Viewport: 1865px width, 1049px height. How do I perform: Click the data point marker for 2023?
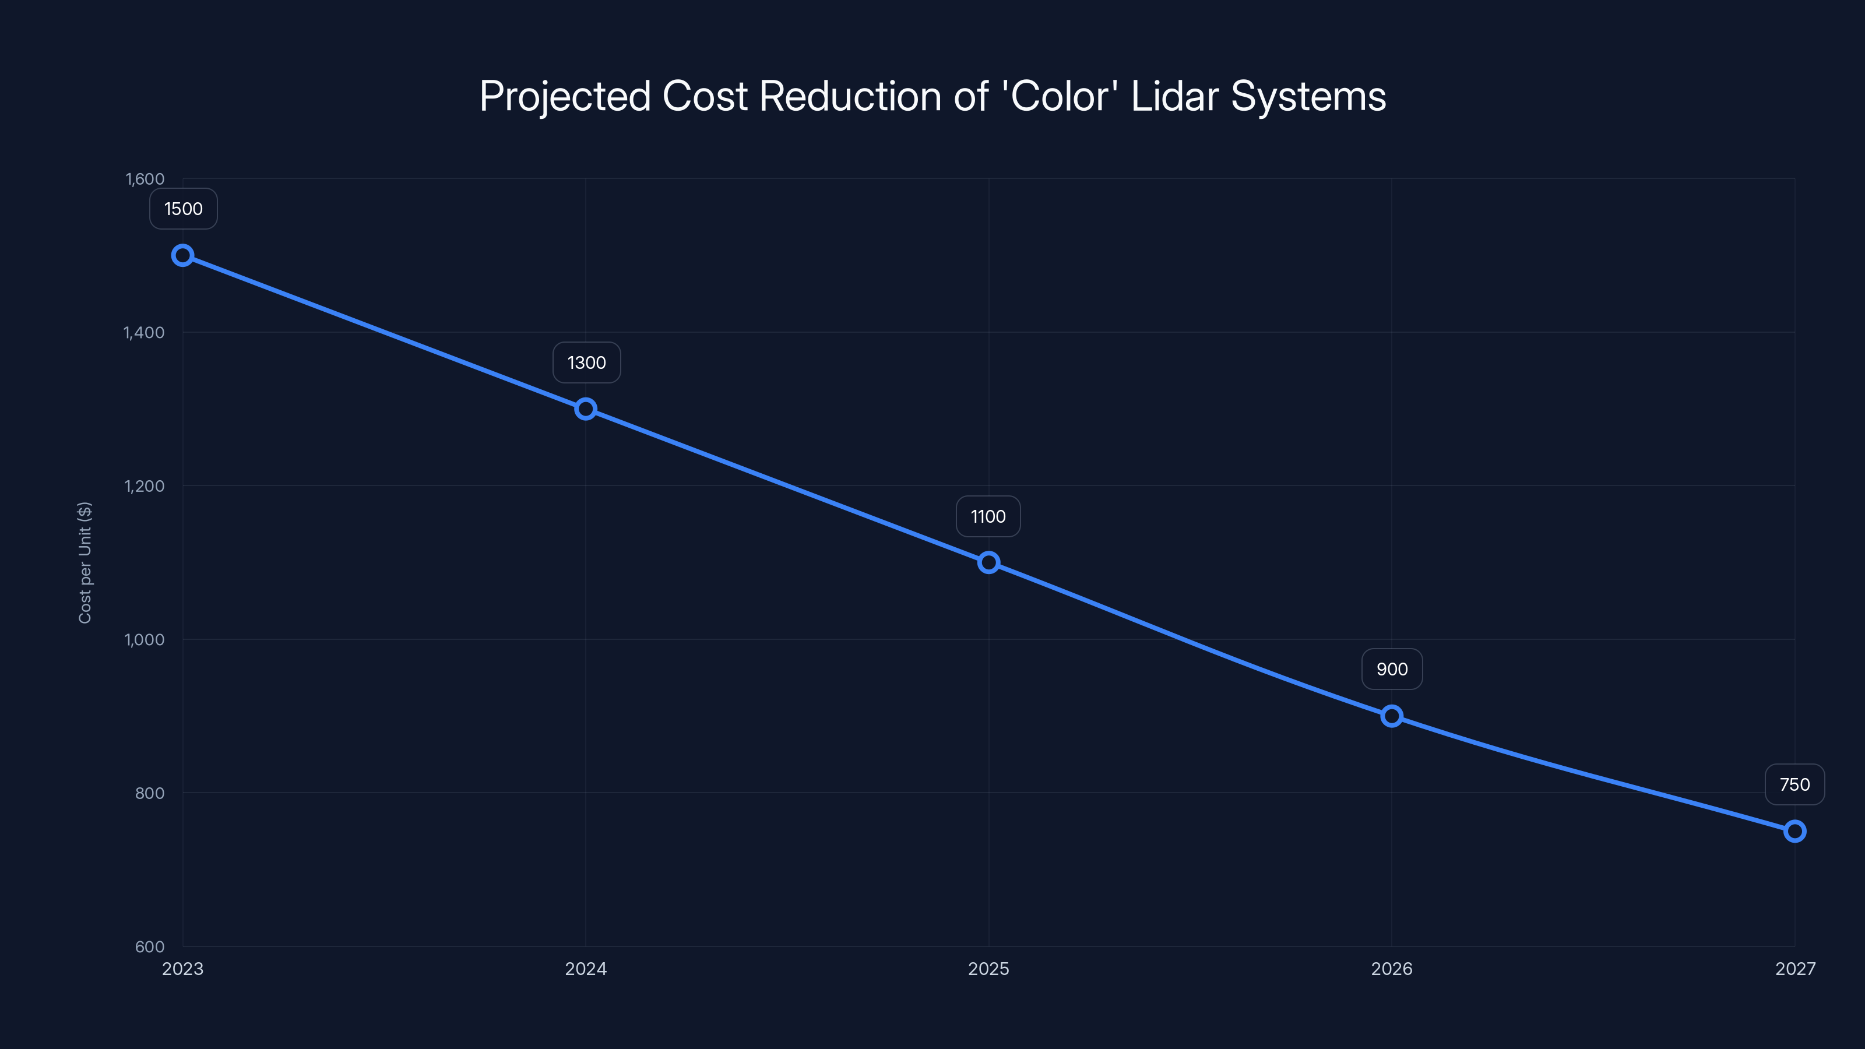pyautogui.click(x=182, y=256)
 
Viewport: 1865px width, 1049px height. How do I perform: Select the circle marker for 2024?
pyautogui.click(x=586, y=409)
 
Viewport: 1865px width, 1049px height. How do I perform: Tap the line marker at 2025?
pyautogui.click(x=988, y=562)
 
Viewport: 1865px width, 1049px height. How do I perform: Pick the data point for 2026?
pyautogui.click(x=1392, y=716)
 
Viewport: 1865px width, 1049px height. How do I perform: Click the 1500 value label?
pyautogui.click(x=183, y=209)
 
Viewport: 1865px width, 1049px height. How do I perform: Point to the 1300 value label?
pyautogui.click(x=586, y=362)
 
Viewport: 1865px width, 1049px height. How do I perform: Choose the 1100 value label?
pyautogui.click(x=988, y=517)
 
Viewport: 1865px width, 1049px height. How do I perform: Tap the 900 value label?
pyautogui.click(x=1392, y=670)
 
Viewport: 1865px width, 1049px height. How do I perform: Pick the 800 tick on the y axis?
pyautogui.click(x=150, y=793)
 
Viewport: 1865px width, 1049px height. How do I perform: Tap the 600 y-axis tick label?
pyautogui.click(x=150, y=947)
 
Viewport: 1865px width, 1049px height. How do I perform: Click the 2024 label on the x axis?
pyautogui.click(x=586, y=969)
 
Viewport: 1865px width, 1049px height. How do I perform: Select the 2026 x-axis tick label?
pyautogui.click(x=1392, y=969)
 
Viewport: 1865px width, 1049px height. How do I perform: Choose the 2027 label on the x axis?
pyautogui.click(x=1795, y=969)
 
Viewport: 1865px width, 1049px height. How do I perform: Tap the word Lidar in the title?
pyautogui.click(x=1174, y=96)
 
